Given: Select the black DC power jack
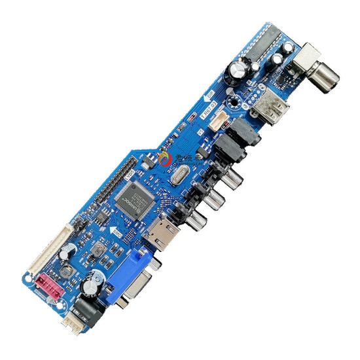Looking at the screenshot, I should click(86, 308).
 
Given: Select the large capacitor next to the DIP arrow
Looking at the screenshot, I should click(238, 68).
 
